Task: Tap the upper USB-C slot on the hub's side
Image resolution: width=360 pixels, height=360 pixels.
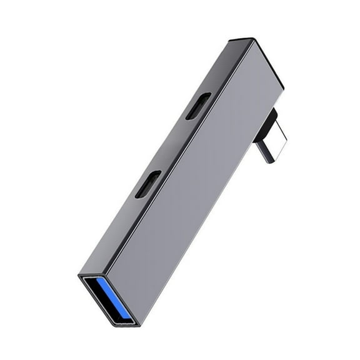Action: coord(197,106)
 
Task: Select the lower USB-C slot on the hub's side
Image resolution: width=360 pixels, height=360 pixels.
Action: coord(147,184)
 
